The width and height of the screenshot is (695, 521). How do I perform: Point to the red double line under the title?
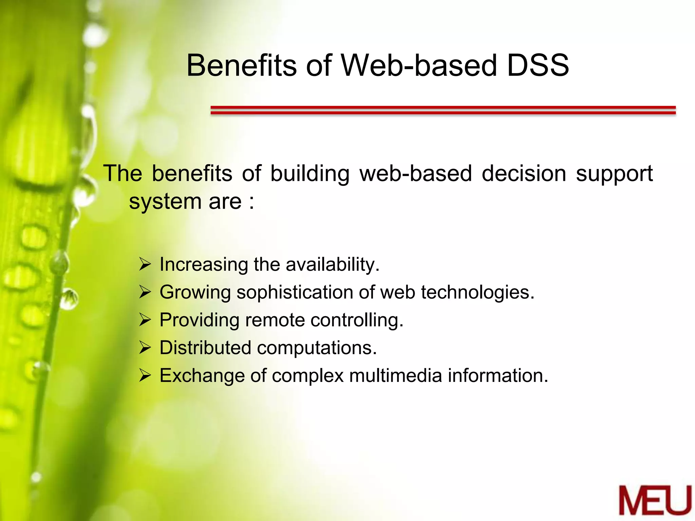(443, 110)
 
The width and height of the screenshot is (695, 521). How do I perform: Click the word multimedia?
(395, 376)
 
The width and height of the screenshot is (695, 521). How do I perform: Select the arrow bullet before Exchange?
(145, 376)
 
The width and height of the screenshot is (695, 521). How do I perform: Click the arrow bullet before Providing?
(145, 320)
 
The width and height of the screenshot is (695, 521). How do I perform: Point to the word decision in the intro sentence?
(524, 174)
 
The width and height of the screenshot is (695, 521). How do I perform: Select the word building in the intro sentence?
(309, 174)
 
